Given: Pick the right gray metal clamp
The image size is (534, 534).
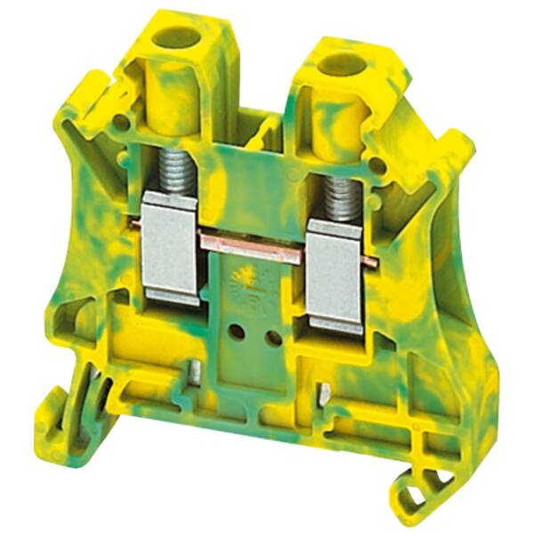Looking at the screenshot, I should (332, 275).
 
